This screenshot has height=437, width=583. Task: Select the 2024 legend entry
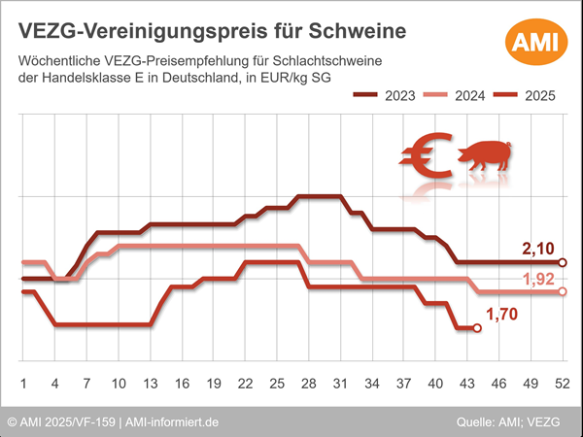click(x=458, y=95)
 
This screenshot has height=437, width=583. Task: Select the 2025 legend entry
click(x=528, y=95)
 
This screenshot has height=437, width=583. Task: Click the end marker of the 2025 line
click(x=476, y=328)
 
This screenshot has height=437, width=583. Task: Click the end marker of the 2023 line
click(x=563, y=262)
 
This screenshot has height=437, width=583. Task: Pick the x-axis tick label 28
click(x=308, y=383)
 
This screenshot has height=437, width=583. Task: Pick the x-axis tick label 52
click(x=562, y=383)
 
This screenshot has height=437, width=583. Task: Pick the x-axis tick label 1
click(x=22, y=383)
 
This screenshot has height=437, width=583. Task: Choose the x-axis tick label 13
click(x=150, y=383)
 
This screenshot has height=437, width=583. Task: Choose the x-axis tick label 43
click(x=466, y=383)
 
